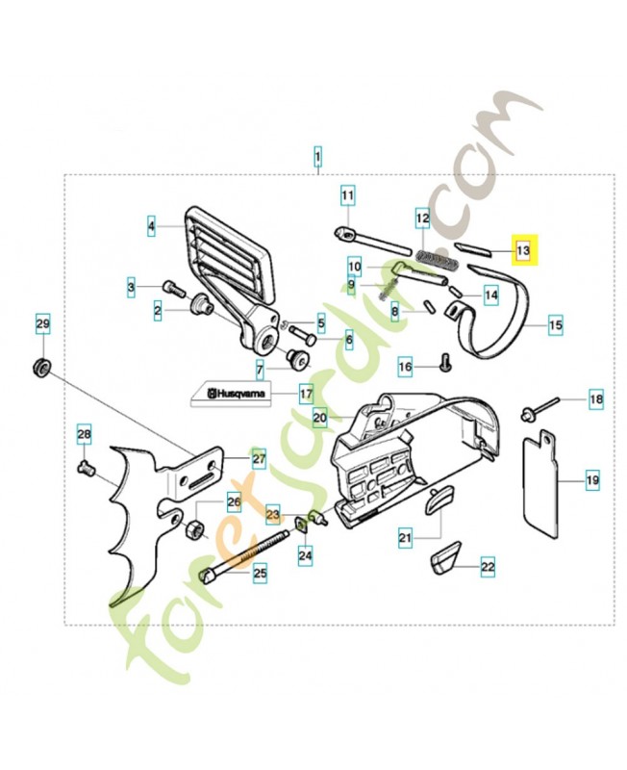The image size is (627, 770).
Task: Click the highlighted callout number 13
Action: (525, 251)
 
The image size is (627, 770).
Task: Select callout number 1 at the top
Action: (318, 155)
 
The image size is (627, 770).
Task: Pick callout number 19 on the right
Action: (592, 477)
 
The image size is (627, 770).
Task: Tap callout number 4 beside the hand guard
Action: (151, 227)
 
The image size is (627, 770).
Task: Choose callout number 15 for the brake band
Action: (556, 325)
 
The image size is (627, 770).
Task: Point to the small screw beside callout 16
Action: (443, 364)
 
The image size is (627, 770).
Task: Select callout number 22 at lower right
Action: (487, 567)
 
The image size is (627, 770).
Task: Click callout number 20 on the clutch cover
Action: (320, 418)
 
